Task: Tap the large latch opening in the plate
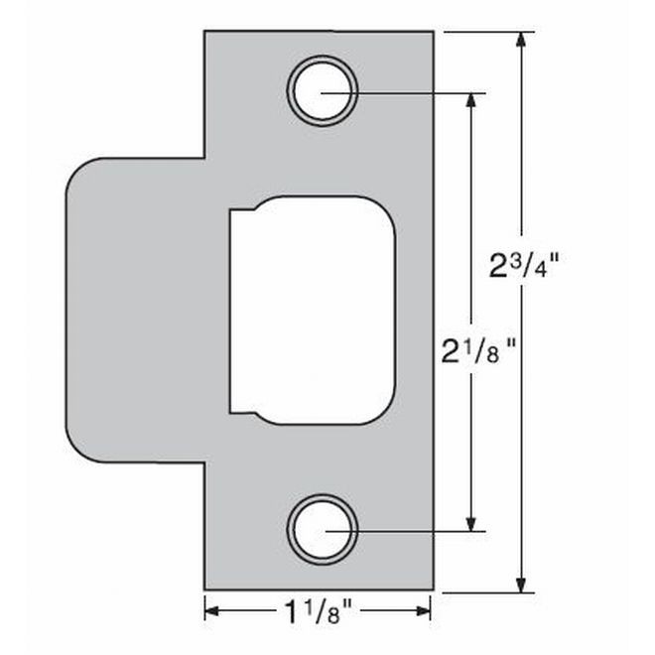coord(314,311)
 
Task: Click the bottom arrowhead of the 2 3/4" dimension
coord(522,585)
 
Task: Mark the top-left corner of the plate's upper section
coord(205,32)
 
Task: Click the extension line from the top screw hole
coord(417,94)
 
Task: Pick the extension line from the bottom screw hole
coord(417,530)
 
